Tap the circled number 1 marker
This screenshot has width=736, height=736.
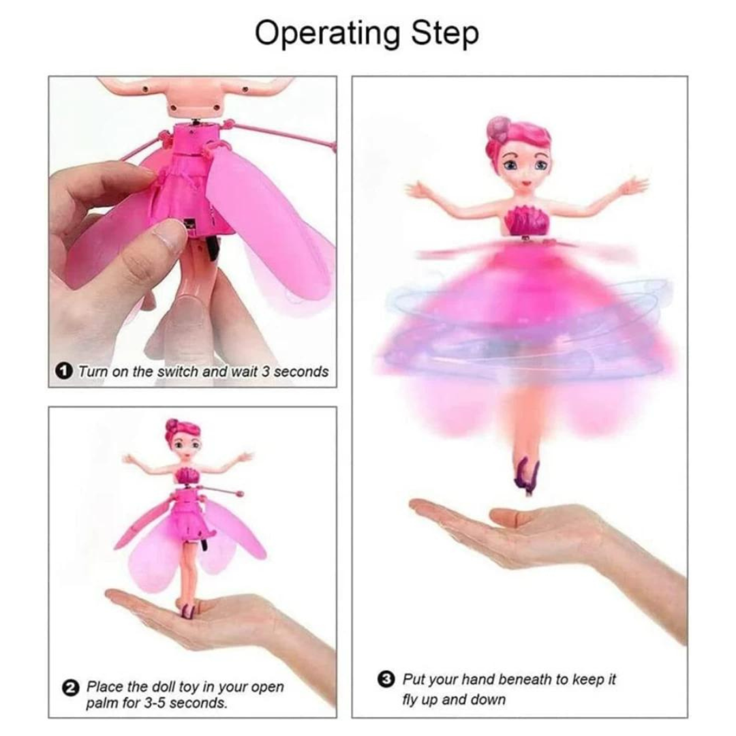click(x=63, y=372)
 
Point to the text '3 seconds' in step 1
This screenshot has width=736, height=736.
click(x=295, y=372)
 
